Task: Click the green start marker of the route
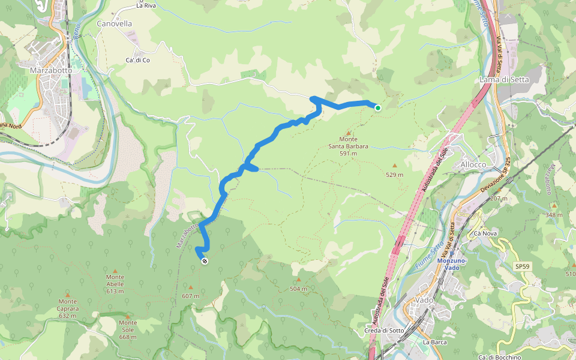(x=378, y=108)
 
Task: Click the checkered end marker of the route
(x=205, y=261)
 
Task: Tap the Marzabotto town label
(x=51, y=70)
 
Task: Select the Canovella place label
(x=114, y=24)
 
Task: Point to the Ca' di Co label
(x=137, y=61)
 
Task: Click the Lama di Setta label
(x=503, y=79)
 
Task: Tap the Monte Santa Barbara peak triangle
(x=349, y=134)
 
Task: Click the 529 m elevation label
(x=395, y=175)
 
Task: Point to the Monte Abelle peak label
(x=115, y=287)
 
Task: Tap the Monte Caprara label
(x=68, y=312)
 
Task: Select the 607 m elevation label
(x=191, y=296)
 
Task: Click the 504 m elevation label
(x=298, y=289)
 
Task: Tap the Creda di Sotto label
(x=385, y=331)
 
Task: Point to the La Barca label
(x=434, y=342)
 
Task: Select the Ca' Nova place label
(x=487, y=233)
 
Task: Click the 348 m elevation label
(x=554, y=215)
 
